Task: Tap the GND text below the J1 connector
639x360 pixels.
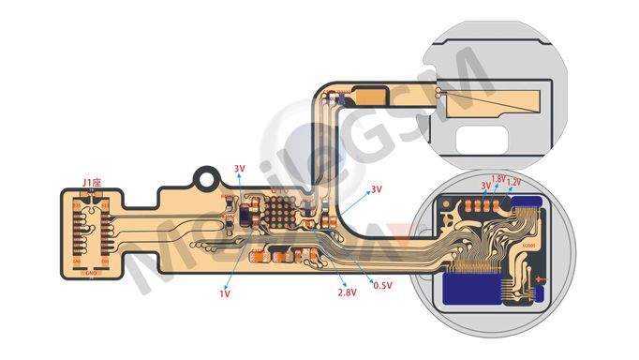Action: (91, 274)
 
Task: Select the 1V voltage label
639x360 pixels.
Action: (225, 293)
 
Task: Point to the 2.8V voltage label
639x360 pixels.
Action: (347, 293)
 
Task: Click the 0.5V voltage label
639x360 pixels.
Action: (382, 284)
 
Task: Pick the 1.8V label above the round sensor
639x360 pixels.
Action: (498, 178)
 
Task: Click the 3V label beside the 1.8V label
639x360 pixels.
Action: (485, 186)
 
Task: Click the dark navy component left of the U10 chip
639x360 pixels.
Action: (245, 217)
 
